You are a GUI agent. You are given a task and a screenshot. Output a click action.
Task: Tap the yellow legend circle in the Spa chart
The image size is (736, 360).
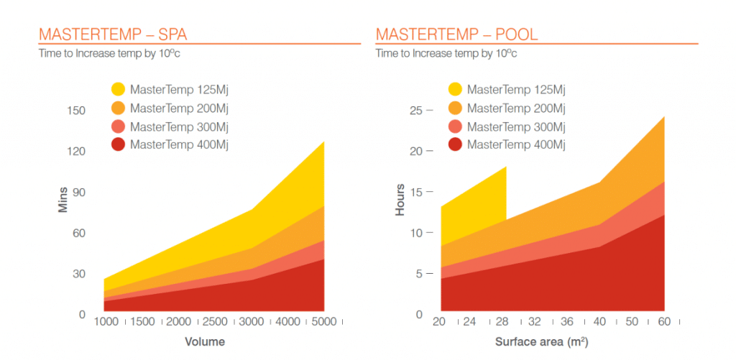(x=119, y=90)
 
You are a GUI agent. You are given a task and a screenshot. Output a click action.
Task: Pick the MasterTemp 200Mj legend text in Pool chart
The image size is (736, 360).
(x=516, y=109)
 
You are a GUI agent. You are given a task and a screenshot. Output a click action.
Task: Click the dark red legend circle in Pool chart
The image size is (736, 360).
(x=455, y=145)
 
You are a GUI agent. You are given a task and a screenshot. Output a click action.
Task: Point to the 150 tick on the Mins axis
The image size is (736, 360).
(x=77, y=111)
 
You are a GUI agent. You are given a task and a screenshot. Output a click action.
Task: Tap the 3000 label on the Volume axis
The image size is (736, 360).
(x=251, y=322)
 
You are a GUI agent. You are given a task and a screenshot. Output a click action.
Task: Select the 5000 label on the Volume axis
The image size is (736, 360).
(x=324, y=322)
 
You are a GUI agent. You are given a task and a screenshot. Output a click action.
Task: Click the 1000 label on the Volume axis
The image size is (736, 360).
(x=106, y=322)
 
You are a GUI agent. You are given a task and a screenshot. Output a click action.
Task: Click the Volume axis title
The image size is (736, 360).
(x=205, y=341)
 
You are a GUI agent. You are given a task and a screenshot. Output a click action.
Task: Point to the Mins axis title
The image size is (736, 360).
(x=63, y=199)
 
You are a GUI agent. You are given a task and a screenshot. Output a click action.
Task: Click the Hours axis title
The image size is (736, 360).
(x=400, y=200)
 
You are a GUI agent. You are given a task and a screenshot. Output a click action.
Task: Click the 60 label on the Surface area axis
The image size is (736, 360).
(x=664, y=322)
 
